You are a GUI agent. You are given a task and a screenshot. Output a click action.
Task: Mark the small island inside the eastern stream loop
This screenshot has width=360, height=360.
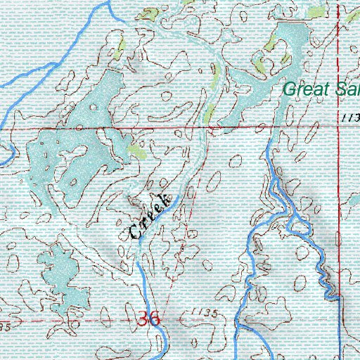pos(300,225)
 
